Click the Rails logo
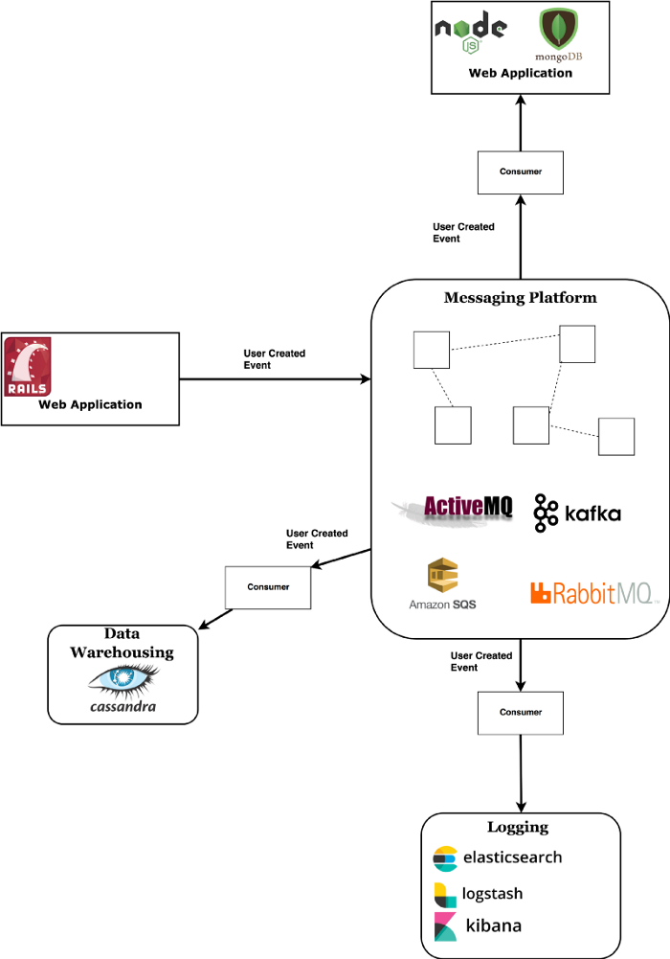[x=28, y=366]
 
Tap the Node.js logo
[x=471, y=31]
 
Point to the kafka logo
[x=578, y=514]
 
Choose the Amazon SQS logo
[x=442, y=584]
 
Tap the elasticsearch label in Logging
[x=499, y=857]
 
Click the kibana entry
[x=479, y=926]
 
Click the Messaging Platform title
[x=520, y=298]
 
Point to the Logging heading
[x=518, y=827]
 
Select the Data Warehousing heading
[x=122, y=643]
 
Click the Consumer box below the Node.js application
[x=520, y=171]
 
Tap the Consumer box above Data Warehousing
[x=267, y=587]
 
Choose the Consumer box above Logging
[x=520, y=712]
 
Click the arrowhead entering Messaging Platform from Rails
[x=365, y=379]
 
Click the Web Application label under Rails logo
[x=90, y=404]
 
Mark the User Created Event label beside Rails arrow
[x=275, y=359]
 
